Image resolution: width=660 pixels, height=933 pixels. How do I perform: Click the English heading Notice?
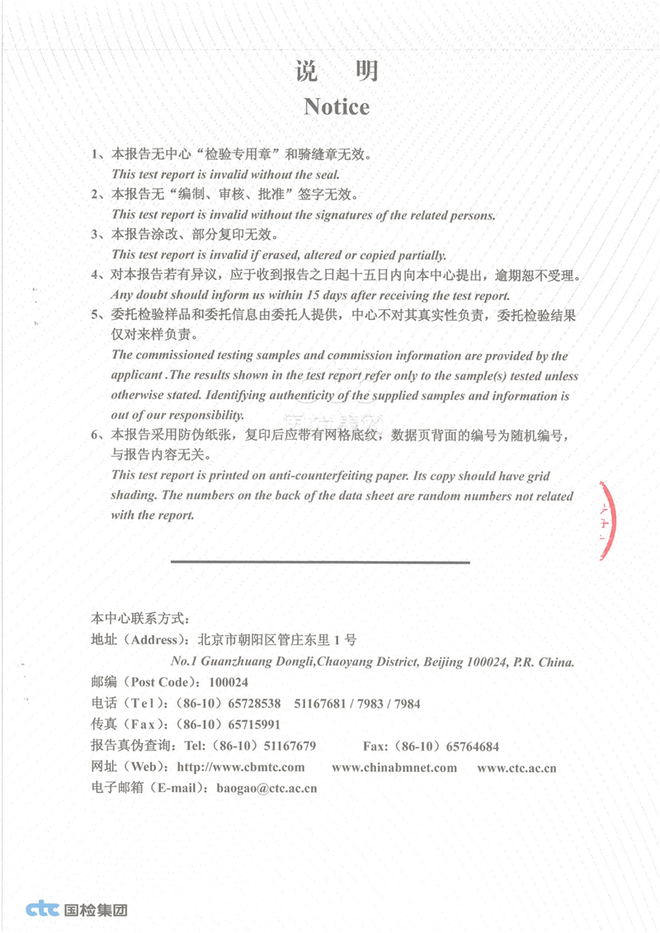pos(337,106)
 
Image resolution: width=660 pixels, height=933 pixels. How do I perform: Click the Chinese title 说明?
pos(337,71)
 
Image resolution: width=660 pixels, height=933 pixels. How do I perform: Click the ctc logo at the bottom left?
pos(42,910)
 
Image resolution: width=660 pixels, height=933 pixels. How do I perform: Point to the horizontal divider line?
pos(320,563)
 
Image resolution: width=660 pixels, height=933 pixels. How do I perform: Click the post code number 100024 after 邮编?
pos(229,683)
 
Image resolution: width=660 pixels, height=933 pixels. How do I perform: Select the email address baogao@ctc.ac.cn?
pos(266,788)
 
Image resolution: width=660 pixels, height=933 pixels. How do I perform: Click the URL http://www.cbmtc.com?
pos(241,767)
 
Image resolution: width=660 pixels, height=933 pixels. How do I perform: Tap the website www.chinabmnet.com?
pos(394,767)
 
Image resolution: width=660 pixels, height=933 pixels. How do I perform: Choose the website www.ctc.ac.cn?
pos(516,767)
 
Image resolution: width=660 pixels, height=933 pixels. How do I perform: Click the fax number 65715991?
pos(254,725)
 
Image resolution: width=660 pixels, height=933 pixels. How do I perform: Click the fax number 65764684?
pos(472,747)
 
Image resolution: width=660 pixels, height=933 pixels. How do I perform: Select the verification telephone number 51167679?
pos(289,747)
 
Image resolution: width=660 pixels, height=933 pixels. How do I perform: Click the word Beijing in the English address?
pos(444,662)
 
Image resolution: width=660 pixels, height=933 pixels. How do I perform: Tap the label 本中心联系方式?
pos(141,618)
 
